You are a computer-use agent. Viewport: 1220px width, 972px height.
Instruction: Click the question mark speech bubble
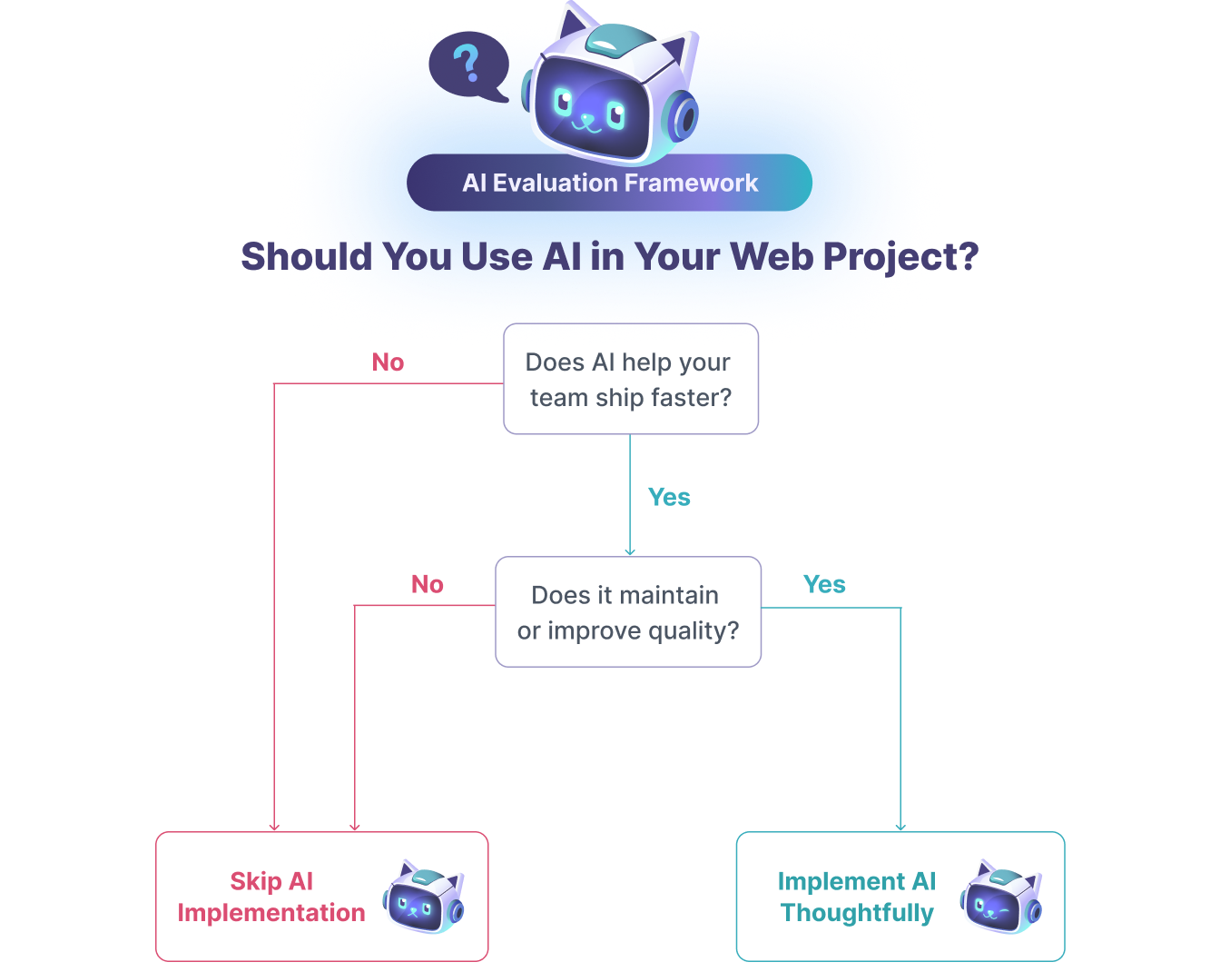pyautogui.click(x=467, y=65)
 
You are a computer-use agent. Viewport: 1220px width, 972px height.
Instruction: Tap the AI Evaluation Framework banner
pyautogui.click(x=609, y=183)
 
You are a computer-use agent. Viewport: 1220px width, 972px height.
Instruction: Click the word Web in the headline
pyautogui.click(x=772, y=256)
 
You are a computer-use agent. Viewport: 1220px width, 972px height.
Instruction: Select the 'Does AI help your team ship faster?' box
pyautogui.click(x=630, y=382)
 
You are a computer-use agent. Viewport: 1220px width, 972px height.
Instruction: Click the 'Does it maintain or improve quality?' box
pyautogui.click(x=628, y=612)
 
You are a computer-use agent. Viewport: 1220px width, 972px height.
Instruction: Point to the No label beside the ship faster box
pyautogui.click(x=388, y=362)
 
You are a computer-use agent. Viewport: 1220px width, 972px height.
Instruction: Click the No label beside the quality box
pyautogui.click(x=428, y=584)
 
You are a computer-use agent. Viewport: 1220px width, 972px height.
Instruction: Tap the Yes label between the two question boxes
pyautogui.click(x=669, y=497)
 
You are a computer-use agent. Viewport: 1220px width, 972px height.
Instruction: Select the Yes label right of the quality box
pyautogui.click(x=824, y=584)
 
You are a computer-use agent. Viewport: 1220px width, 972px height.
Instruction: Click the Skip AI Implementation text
pyautogui.click(x=271, y=897)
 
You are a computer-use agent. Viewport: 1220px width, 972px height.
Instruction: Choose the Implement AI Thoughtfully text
pyautogui.click(x=857, y=897)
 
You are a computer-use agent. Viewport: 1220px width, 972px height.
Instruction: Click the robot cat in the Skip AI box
pyautogui.click(x=423, y=898)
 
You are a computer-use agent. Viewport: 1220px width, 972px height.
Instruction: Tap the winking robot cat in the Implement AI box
pyautogui.click(x=1001, y=898)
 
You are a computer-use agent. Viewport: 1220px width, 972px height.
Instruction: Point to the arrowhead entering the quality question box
pyautogui.click(x=630, y=551)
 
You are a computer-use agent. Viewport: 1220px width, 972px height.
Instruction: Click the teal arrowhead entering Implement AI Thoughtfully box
pyautogui.click(x=900, y=827)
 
